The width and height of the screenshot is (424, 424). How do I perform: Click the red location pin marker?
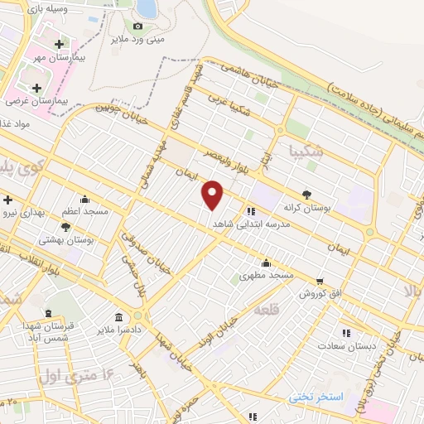(x=214, y=195)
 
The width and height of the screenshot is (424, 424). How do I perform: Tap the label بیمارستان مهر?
(x=70, y=58)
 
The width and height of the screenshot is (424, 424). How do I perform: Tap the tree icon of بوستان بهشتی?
(x=65, y=226)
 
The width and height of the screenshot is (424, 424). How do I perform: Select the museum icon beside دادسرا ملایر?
(x=119, y=317)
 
